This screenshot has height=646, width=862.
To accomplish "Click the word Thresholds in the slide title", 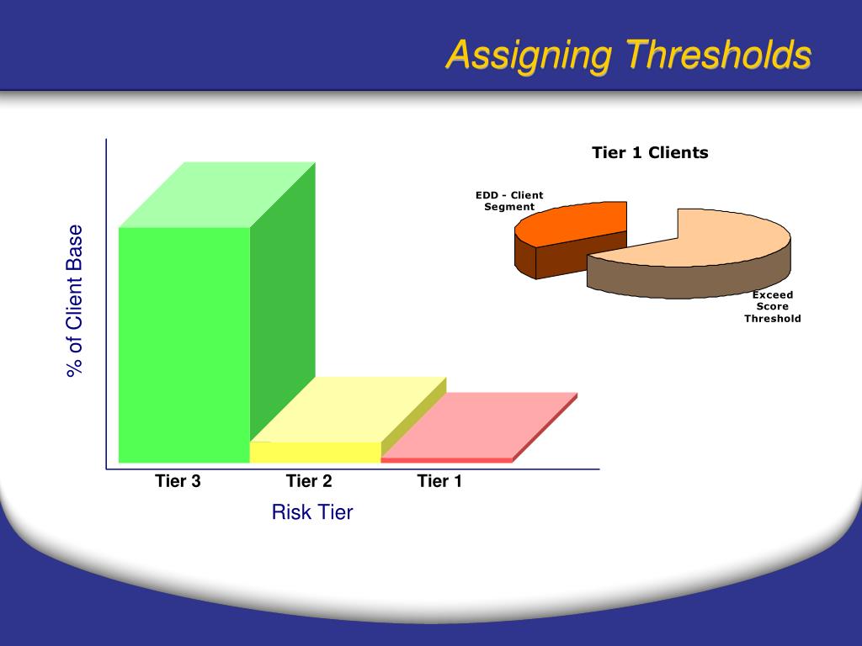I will (x=717, y=56).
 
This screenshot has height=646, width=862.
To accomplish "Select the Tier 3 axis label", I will (x=178, y=481).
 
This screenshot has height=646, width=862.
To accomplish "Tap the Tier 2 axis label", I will (x=309, y=481).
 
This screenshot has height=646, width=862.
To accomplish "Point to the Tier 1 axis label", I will (x=439, y=481).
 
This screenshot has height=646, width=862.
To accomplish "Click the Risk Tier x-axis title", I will (x=311, y=511).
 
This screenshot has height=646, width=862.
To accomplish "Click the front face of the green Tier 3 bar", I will (x=184, y=345).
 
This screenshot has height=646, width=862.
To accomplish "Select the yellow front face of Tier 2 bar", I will (x=316, y=453).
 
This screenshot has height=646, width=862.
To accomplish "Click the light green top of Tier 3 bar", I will (x=217, y=195).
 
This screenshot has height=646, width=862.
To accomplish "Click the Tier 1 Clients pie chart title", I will (x=650, y=153).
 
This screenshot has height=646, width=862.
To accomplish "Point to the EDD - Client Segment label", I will (x=509, y=201).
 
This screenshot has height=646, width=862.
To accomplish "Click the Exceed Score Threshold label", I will (x=772, y=307).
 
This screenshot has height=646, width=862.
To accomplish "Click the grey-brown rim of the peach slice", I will (x=690, y=282).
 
